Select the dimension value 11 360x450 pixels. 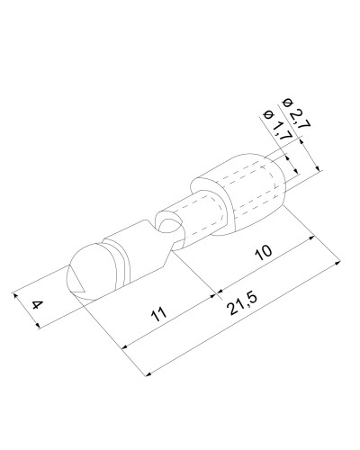pos(159,314)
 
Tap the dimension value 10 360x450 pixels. pos(264,253)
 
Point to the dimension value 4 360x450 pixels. pos(37,306)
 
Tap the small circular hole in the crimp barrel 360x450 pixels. pos(169,226)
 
